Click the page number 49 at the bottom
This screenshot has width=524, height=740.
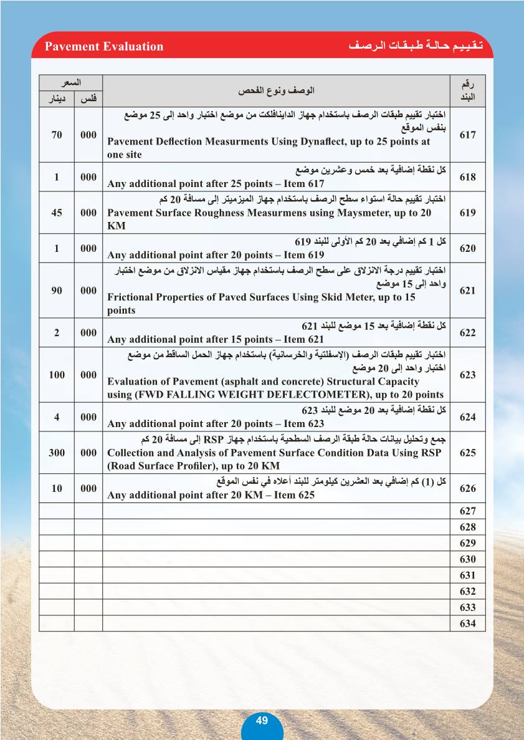point(262,720)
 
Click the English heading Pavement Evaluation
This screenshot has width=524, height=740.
point(104,47)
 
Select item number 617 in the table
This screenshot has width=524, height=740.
point(467,135)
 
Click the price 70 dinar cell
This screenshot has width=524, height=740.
point(57,135)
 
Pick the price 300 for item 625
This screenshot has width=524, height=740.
point(57,453)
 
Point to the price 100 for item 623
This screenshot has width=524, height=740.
point(57,375)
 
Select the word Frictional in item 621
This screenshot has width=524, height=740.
point(131,297)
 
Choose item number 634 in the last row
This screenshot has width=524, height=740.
point(467,623)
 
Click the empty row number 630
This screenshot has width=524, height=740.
point(467,559)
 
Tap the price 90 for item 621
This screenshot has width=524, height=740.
point(57,291)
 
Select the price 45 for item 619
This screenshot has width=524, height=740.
point(57,213)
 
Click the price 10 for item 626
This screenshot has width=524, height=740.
point(57,488)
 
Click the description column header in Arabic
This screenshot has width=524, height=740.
point(276,90)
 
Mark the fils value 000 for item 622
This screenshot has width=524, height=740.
point(88,332)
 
